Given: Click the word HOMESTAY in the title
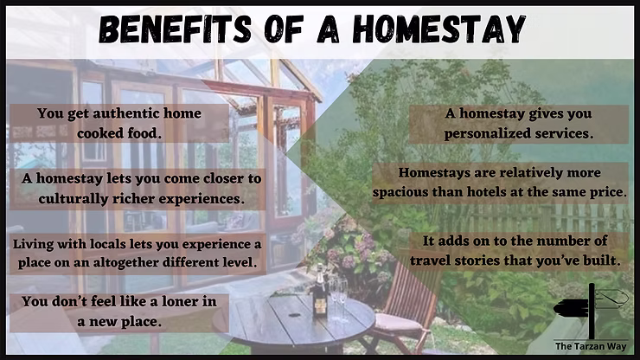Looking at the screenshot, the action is click(x=439, y=29).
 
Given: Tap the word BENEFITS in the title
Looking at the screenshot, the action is click(x=175, y=29).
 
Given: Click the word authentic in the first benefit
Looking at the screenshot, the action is click(x=126, y=113).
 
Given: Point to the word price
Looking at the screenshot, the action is click(x=608, y=192).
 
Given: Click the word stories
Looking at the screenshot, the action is click(x=477, y=260).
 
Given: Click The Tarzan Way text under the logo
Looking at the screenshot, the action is click(x=590, y=346).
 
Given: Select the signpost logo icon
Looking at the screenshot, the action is click(x=591, y=310).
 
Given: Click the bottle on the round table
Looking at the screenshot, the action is click(x=320, y=293).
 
